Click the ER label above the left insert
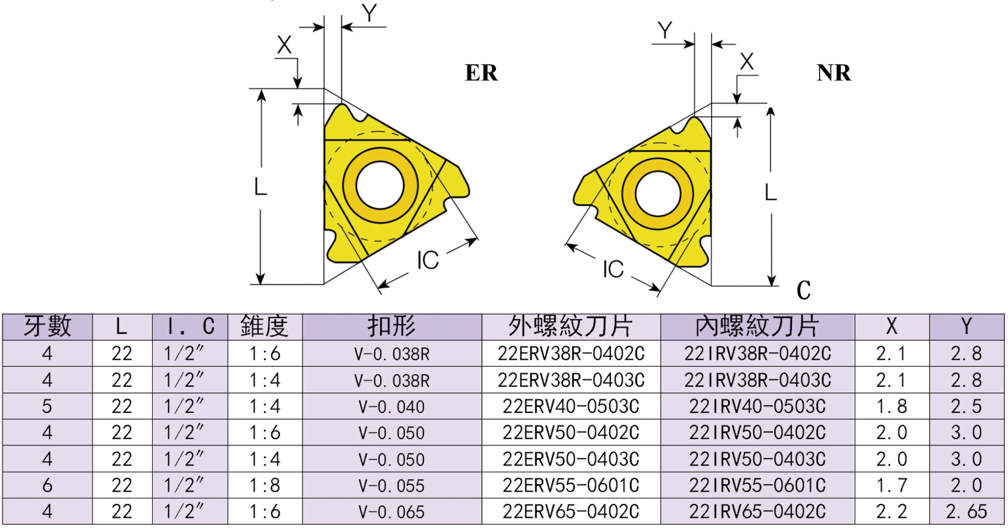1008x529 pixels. pos(481,73)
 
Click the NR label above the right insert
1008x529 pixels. pos(833,73)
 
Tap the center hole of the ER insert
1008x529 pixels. pos(380,185)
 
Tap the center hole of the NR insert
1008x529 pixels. pos(658,193)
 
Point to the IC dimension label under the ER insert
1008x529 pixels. pos(428,260)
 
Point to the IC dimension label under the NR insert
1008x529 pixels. pos(613,269)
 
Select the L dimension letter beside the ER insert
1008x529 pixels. pos(261,187)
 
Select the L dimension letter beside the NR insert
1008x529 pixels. pos(771,193)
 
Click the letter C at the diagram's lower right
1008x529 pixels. pos(803,290)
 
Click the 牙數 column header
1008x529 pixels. pos(47,327)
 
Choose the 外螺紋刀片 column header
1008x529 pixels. pos(571,327)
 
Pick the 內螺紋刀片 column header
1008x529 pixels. pos(757,327)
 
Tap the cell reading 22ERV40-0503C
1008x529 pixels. pos(571,407)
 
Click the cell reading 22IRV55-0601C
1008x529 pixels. pos(757,485)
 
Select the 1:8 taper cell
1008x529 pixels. pos(265,485)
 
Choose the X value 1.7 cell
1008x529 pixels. pos(891,485)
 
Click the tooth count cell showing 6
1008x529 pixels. pos(47,485)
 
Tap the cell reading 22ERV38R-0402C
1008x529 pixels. pos(571,354)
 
